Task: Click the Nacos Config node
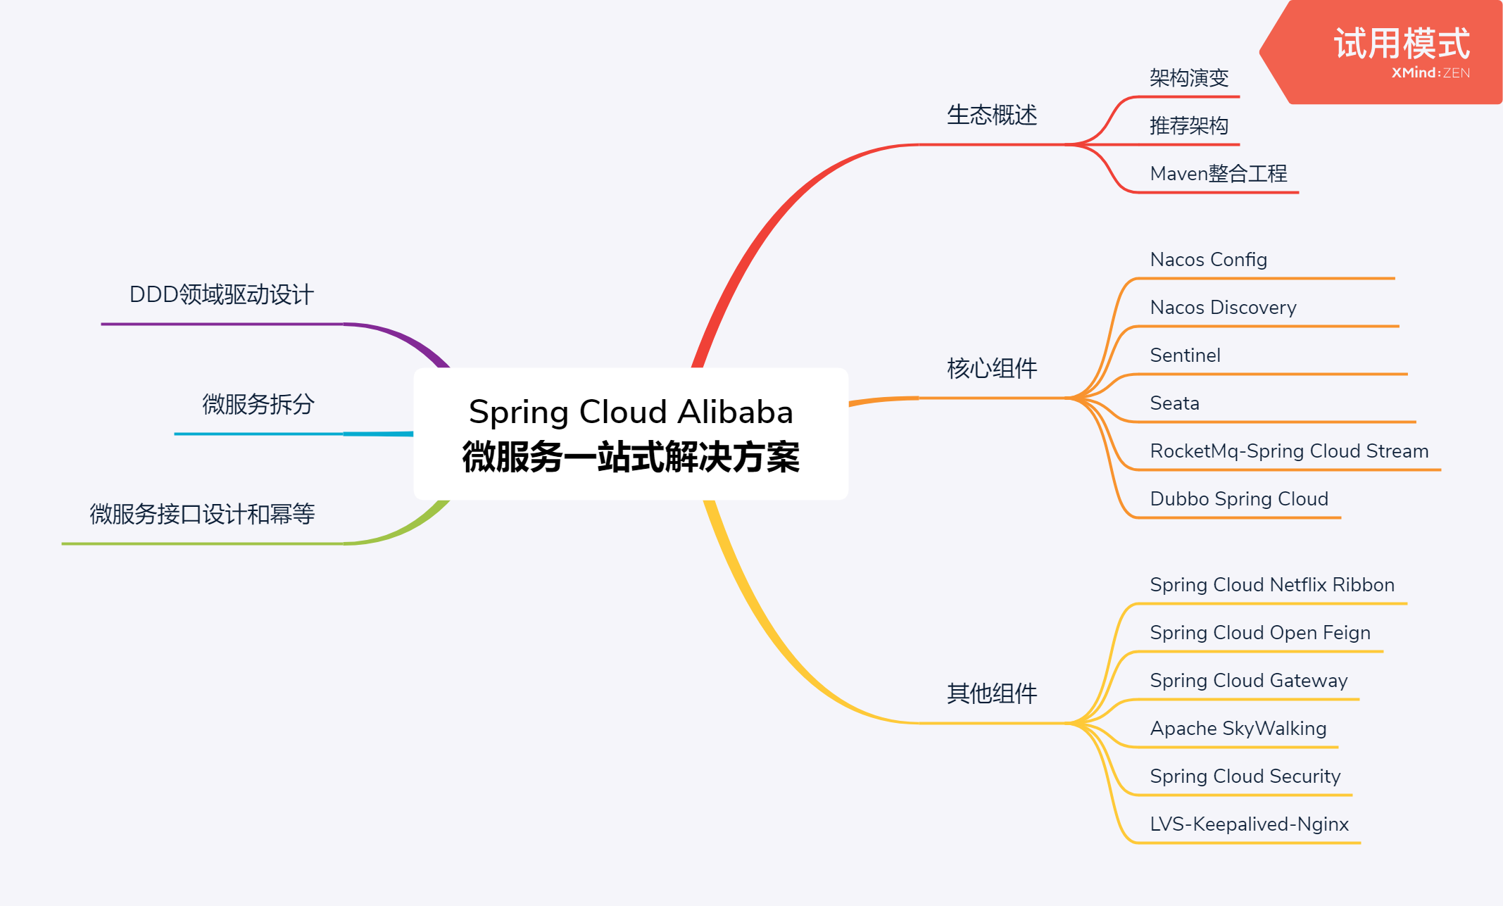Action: [1208, 260]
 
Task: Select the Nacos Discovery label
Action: [1223, 308]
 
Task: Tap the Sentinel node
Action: [1185, 356]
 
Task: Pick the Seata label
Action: [1174, 403]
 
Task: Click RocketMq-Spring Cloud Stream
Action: [1289, 451]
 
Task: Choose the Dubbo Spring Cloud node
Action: [1239, 499]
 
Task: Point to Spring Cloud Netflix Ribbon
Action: [1271, 585]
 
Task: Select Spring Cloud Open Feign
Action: [1259, 633]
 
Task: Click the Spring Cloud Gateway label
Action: [1248, 681]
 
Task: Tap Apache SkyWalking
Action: [1238, 729]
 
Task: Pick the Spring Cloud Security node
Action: [1245, 776]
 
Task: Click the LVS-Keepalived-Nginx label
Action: [1249, 824]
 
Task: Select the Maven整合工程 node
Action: [1218, 174]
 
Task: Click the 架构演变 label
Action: [1188, 78]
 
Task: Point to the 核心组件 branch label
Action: [991, 368]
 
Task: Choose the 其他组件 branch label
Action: [991, 693]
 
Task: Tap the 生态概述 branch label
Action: [991, 115]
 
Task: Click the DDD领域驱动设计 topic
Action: [221, 295]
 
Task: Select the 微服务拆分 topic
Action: [258, 405]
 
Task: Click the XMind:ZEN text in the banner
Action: [1430, 73]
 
